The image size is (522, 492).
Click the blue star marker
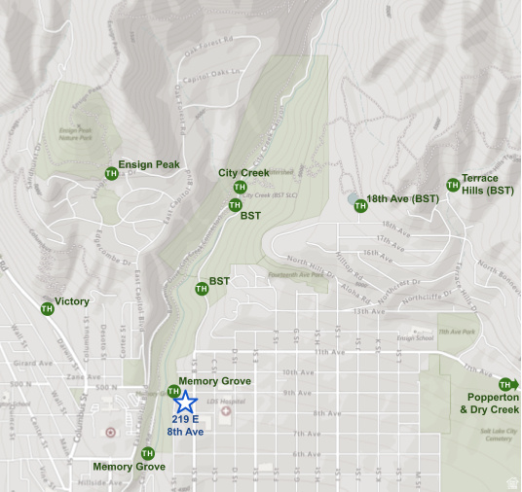185,401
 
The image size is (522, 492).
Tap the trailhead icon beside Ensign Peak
111,173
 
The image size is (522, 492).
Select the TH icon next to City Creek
240,187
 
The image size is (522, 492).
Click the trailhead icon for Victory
47,308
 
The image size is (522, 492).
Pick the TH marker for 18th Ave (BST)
360,205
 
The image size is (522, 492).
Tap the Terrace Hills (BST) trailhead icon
452,185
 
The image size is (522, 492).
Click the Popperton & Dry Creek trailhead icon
504,385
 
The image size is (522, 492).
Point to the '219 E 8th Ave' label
185,425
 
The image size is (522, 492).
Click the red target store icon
110,431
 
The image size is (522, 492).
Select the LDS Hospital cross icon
227,410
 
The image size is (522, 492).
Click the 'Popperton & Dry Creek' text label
492,404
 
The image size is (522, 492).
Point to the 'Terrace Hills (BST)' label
487,185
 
